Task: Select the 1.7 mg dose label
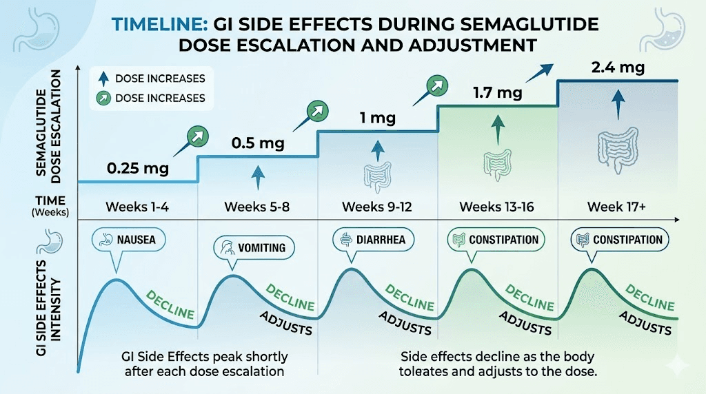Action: click(x=497, y=92)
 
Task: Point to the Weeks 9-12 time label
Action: click(x=378, y=207)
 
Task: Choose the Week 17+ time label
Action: click(x=615, y=207)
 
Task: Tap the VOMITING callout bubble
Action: click(x=254, y=247)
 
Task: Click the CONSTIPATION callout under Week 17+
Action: click(x=618, y=240)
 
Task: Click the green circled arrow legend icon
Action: click(x=102, y=98)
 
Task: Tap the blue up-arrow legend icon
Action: click(x=102, y=79)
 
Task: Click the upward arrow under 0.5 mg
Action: click(x=257, y=176)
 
